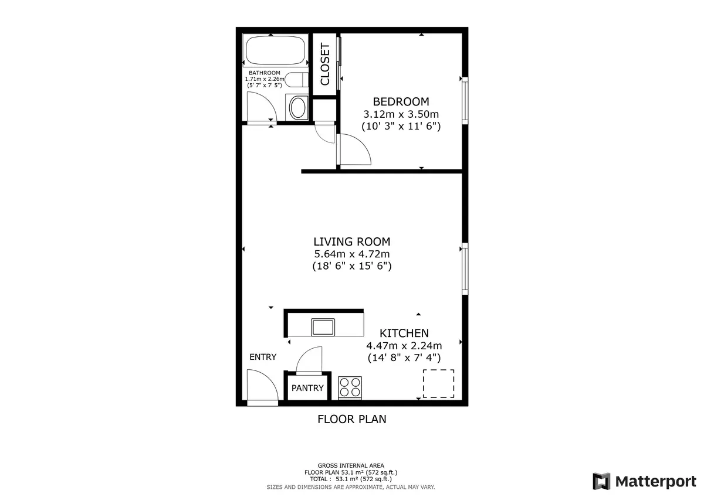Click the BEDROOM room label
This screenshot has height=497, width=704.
click(401, 101)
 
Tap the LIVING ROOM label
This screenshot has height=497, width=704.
click(351, 241)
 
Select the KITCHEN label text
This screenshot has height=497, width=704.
click(404, 332)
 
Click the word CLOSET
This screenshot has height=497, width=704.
click(325, 64)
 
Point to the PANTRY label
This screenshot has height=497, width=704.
click(307, 388)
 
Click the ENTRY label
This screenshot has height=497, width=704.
click(262, 357)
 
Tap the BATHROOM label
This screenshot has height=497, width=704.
click(264, 73)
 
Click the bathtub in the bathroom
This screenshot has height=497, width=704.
click(275, 51)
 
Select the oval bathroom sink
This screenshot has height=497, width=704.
click(298, 108)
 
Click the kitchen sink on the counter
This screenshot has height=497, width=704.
click(323, 326)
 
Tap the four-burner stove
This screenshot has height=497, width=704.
click(350, 387)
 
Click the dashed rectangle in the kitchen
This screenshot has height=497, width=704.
click(438, 383)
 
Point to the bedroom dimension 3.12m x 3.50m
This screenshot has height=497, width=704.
click(401, 114)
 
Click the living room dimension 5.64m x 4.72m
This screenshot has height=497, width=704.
click(351, 254)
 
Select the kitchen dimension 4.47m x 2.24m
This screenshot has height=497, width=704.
click(404, 345)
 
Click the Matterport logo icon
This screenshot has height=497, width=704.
click(601, 481)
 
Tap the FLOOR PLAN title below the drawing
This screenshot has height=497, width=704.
click(351, 419)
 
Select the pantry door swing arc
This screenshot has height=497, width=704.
click(310, 359)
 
